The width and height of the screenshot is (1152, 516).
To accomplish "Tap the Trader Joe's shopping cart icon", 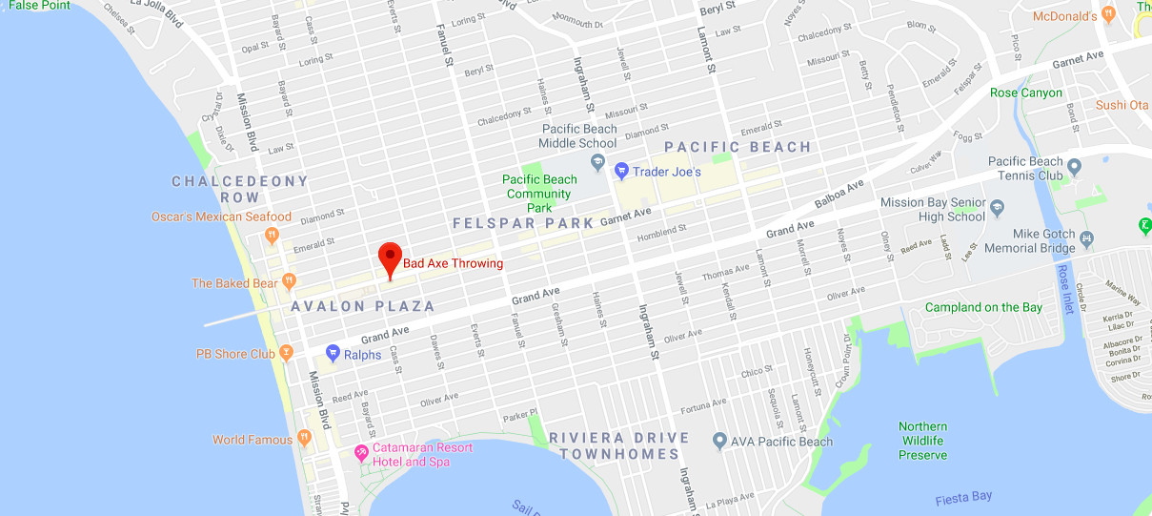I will (x=621, y=172).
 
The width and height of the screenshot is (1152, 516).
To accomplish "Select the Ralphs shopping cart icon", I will (x=333, y=354).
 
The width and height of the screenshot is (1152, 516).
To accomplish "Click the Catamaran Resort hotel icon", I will (x=361, y=452).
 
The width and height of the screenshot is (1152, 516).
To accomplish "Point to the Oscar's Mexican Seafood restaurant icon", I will (x=273, y=233).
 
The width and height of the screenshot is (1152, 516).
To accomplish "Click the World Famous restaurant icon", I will (x=304, y=439).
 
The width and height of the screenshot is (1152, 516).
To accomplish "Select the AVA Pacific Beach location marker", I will (x=719, y=441).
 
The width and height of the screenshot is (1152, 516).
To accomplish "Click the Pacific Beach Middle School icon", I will (x=597, y=162).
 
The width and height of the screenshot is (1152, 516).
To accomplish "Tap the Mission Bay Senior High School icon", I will (x=998, y=206).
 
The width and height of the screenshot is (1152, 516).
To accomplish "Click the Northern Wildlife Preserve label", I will (x=922, y=441).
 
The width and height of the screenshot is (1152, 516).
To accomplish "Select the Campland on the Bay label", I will (x=983, y=307).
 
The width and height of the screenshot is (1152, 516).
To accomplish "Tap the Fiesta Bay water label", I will (x=963, y=497).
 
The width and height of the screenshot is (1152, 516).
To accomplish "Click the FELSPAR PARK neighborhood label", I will (x=516, y=223).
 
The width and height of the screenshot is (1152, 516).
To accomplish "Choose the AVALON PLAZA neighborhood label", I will (x=363, y=307).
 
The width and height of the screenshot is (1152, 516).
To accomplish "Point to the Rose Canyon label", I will (x=1025, y=93).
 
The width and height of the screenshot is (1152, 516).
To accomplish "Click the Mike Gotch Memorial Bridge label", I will (x=1030, y=240).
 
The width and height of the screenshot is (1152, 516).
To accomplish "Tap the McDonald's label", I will (x=1065, y=16).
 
